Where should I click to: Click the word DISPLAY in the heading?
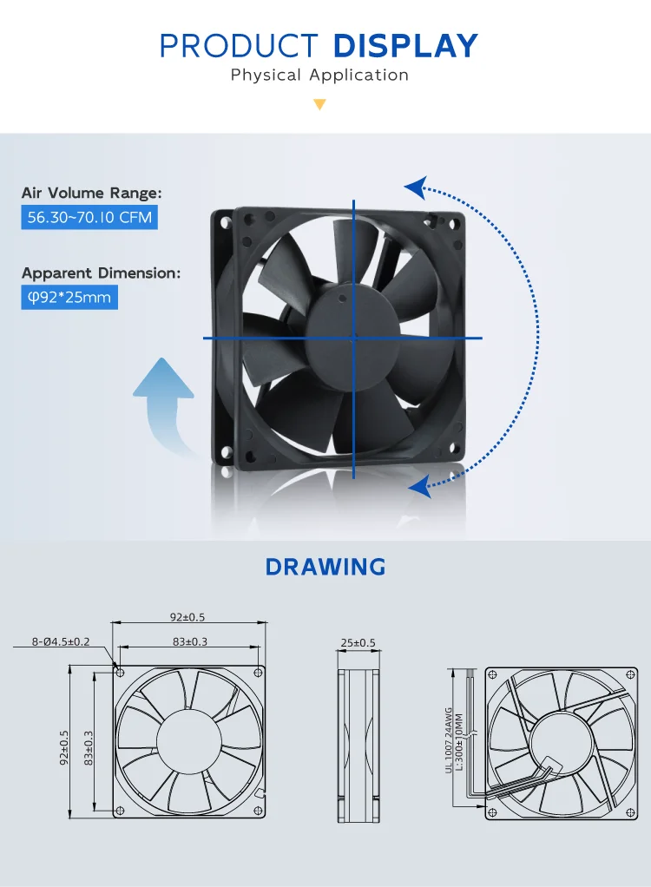click(405, 46)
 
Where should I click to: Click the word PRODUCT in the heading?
click(239, 46)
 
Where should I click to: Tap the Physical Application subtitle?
click(319, 75)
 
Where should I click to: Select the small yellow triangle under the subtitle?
click(319, 105)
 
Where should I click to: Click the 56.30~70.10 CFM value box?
click(89, 217)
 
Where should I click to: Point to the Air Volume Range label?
click(92, 193)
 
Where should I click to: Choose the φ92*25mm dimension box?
click(69, 297)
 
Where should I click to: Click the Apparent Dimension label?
click(102, 273)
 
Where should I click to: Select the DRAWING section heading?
click(325, 567)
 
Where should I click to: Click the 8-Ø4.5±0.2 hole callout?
click(61, 641)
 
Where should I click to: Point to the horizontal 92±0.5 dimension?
click(187, 617)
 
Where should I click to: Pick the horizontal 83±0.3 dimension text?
click(190, 641)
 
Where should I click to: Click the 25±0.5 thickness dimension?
click(358, 642)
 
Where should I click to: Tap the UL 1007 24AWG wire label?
click(449, 740)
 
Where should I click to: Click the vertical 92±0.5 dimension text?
click(64, 747)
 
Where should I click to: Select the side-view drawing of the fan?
click(358, 745)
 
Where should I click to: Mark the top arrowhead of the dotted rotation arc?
click(416, 187)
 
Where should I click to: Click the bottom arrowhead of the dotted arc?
click(419, 487)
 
